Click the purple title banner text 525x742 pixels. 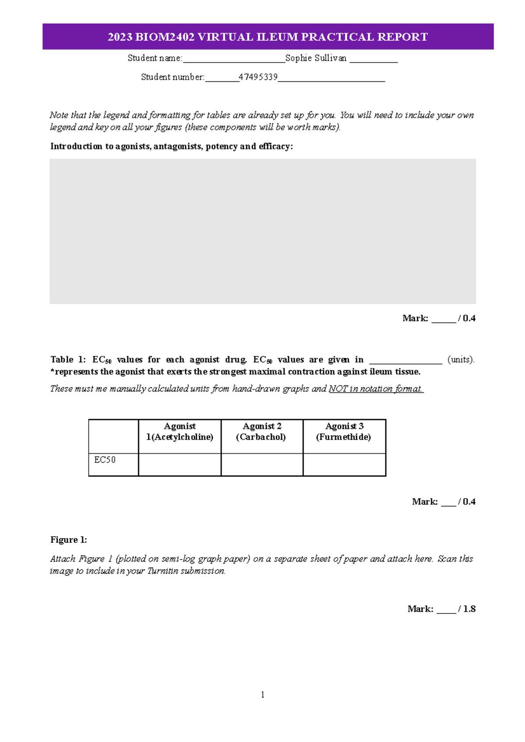(x=268, y=37)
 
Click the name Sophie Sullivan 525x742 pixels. (x=315, y=58)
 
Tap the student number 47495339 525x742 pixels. (x=258, y=77)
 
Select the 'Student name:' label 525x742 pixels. (x=154, y=58)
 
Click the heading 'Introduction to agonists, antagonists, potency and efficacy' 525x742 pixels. (x=171, y=146)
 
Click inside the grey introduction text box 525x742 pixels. (x=262, y=231)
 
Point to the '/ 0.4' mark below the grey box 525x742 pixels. (x=467, y=318)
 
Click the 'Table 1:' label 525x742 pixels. (x=68, y=360)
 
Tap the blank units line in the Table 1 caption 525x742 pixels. (x=406, y=360)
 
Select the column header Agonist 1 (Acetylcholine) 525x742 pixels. (x=180, y=431)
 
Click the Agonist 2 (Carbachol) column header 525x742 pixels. (x=262, y=431)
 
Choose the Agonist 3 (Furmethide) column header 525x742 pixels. (x=344, y=431)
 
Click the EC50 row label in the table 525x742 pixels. (x=105, y=460)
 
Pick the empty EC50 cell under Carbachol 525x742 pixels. (x=262, y=465)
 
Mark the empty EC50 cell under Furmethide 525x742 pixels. (x=344, y=465)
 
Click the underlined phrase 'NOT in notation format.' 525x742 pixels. (x=376, y=388)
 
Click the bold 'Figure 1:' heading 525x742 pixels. (x=69, y=540)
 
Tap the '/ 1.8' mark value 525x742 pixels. (x=467, y=609)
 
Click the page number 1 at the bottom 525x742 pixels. (x=262, y=694)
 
